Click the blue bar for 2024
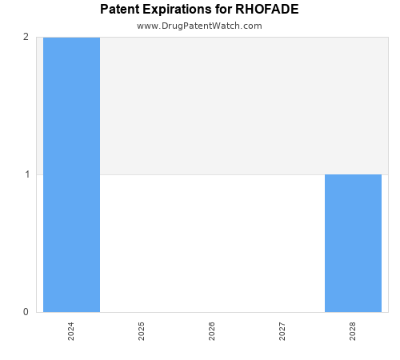71,174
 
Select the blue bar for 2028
353,243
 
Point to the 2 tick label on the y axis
26,37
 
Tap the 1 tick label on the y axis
26,174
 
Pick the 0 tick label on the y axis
26,312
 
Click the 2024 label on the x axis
71,331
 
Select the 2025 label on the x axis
142,331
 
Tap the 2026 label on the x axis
212,331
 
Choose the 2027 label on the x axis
282,331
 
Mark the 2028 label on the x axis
353,331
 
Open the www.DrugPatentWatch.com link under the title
199,26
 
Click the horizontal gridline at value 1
212,174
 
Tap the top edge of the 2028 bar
353,174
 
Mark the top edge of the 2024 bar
71,38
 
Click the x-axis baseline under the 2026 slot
212,312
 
